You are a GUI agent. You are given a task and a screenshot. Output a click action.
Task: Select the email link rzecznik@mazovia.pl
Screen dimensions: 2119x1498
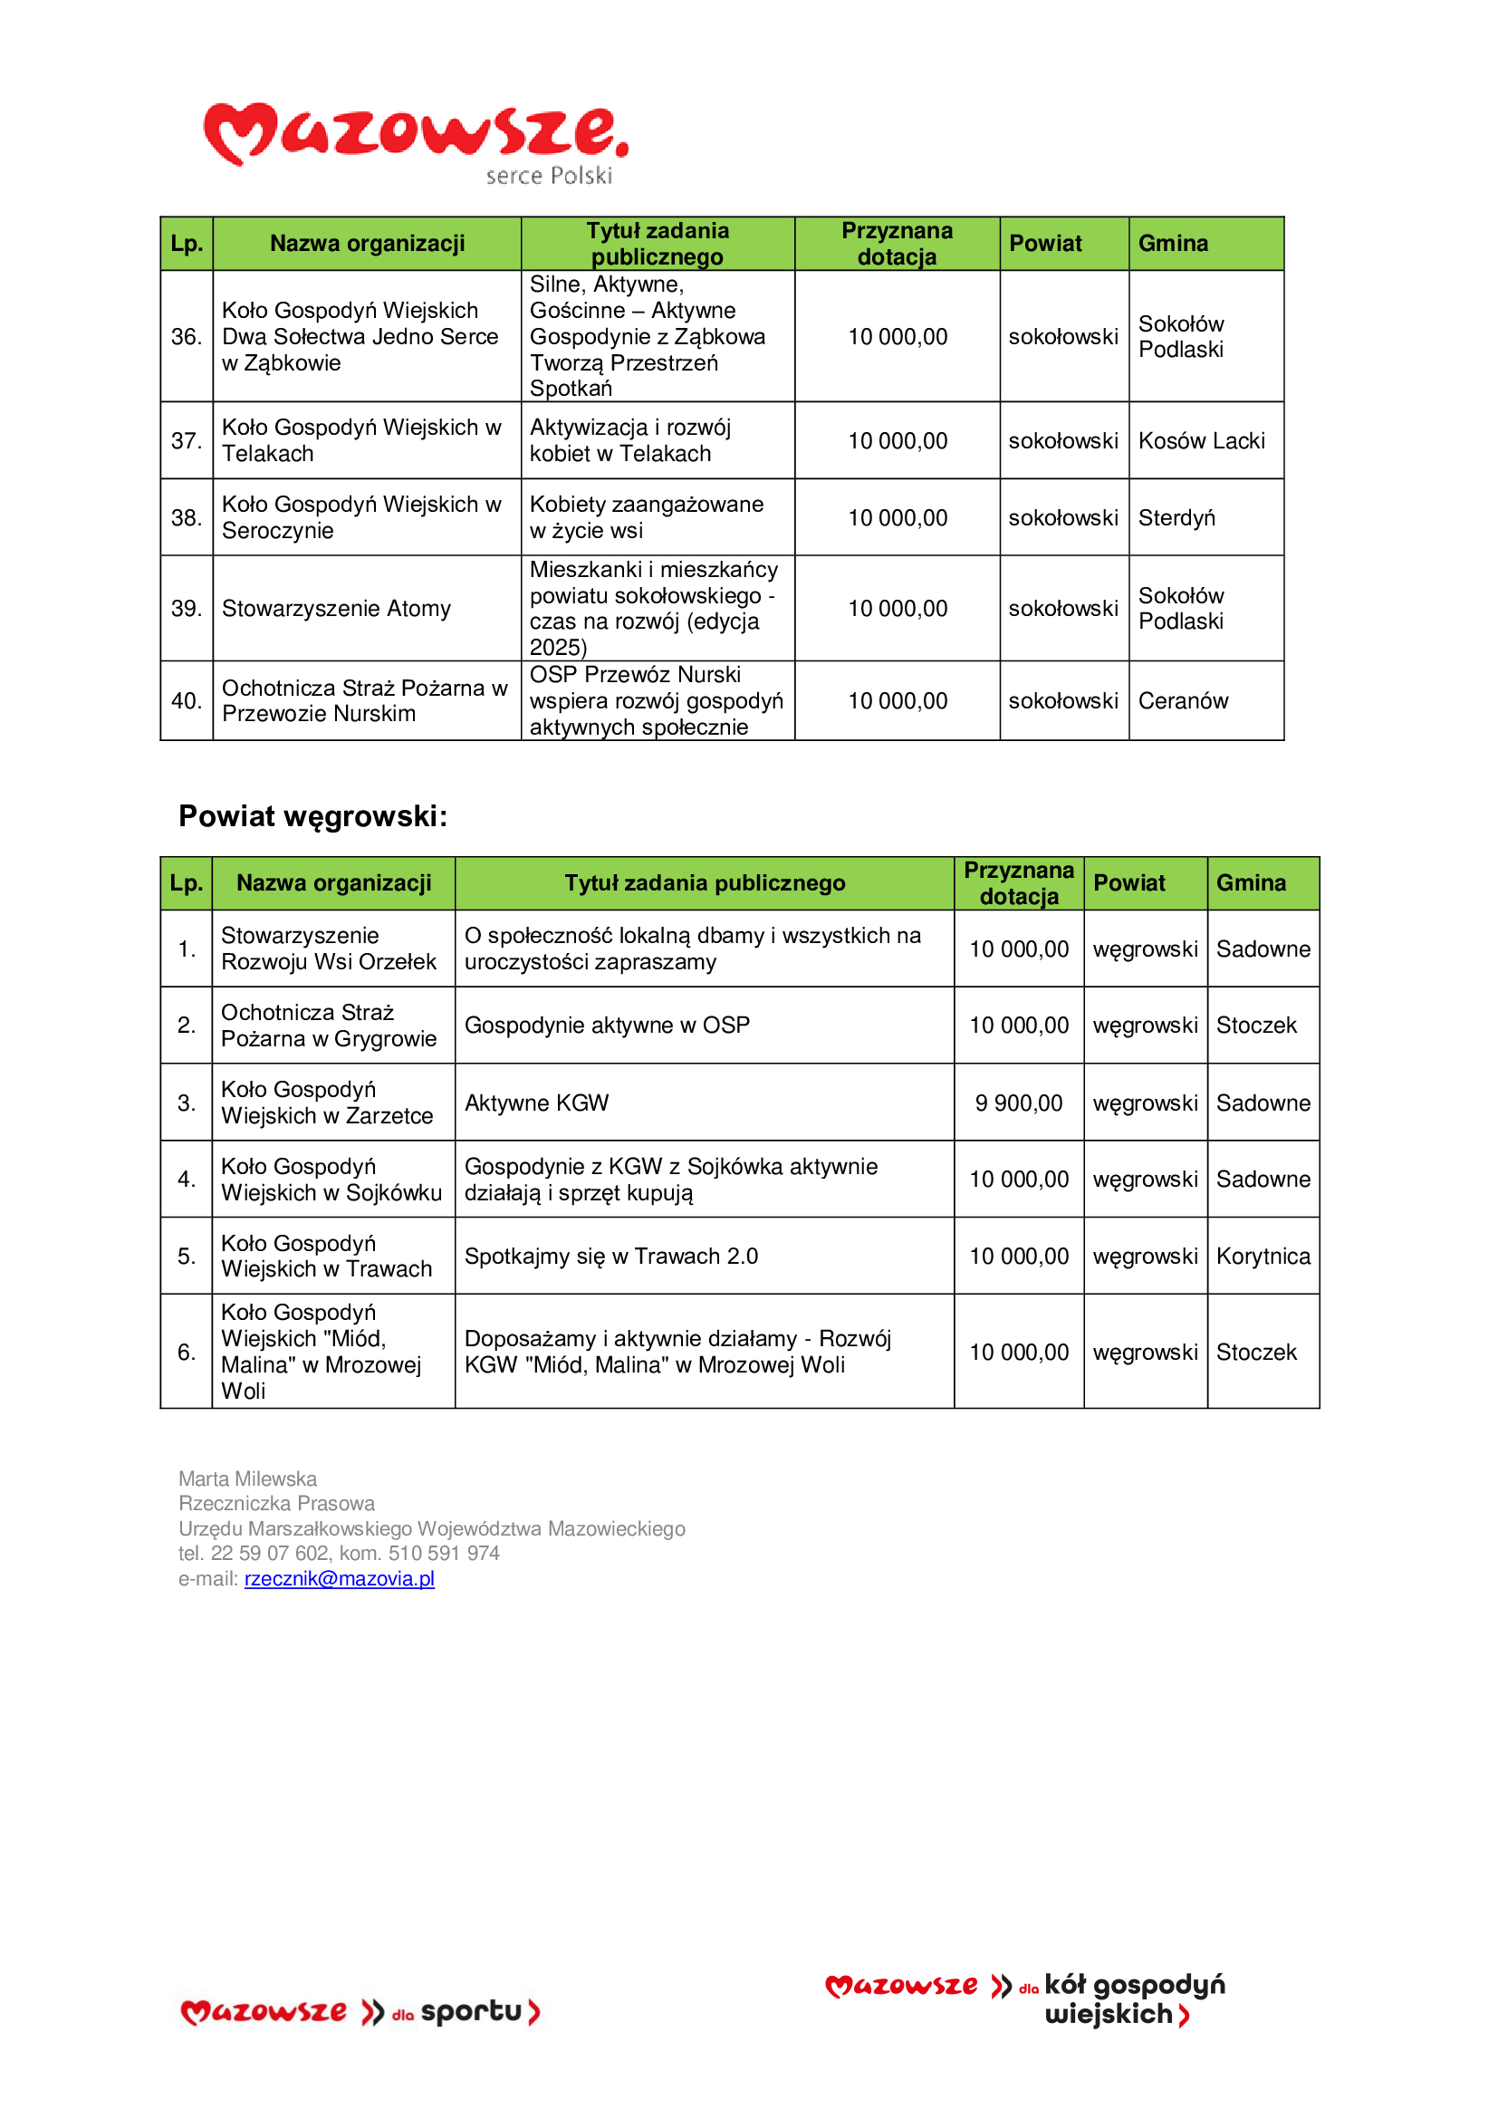pyautogui.click(x=339, y=1578)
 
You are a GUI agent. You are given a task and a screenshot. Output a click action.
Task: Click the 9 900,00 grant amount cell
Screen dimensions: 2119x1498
pyautogui.click(x=1018, y=1103)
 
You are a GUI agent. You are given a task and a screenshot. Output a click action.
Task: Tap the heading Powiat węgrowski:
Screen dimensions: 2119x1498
pyautogui.click(x=312, y=816)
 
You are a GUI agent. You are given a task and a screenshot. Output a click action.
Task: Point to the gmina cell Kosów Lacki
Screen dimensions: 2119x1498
pyautogui.click(x=1201, y=441)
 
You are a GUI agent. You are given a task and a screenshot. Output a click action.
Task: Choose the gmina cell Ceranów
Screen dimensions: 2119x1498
pyautogui.click(x=1183, y=700)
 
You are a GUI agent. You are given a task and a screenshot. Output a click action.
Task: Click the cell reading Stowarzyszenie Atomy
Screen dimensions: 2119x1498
pyautogui.click(x=336, y=608)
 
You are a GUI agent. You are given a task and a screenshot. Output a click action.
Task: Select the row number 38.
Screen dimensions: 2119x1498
pyautogui.click(x=187, y=518)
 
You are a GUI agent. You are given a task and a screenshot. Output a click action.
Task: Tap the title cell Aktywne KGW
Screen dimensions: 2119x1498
pyautogui.click(x=536, y=1103)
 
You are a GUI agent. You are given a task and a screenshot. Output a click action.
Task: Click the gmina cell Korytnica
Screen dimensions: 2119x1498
pyautogui.click(x=1263, y=1256)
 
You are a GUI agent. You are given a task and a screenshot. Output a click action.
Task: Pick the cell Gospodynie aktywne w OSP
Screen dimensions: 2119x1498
pyautogui.click(x=607, y=1026)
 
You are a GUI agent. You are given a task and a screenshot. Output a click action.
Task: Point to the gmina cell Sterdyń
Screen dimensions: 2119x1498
pyautogui.click(x=1176, y=518)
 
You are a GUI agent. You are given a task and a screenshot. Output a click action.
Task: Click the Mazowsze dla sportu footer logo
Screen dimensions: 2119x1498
pyautogui.click(x=360, y=2012)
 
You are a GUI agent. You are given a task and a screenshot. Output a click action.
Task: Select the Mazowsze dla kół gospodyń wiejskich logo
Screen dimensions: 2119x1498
pyautogui.click(x=1025, y=1999)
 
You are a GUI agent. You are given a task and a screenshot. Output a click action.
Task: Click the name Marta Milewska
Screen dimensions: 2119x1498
pyautogui.click(x=247, y=1478)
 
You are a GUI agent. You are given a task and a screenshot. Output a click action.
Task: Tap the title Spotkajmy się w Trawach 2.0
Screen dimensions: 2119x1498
pyautogui.click(x=610, y=1256)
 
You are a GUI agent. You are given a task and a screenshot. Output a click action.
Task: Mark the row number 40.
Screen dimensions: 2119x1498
pyautogui.click(x=187, y=700)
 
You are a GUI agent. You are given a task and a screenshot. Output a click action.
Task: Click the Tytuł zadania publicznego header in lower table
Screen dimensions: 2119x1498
pyautogui.click(x=705, y=883)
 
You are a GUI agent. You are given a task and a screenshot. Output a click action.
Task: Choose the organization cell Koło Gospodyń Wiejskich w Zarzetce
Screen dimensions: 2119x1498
pyautogui.click(x=327, y=1103)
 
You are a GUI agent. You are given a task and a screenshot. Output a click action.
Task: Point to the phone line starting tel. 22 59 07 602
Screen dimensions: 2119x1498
pyautogui.click(x=339, y=1554)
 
